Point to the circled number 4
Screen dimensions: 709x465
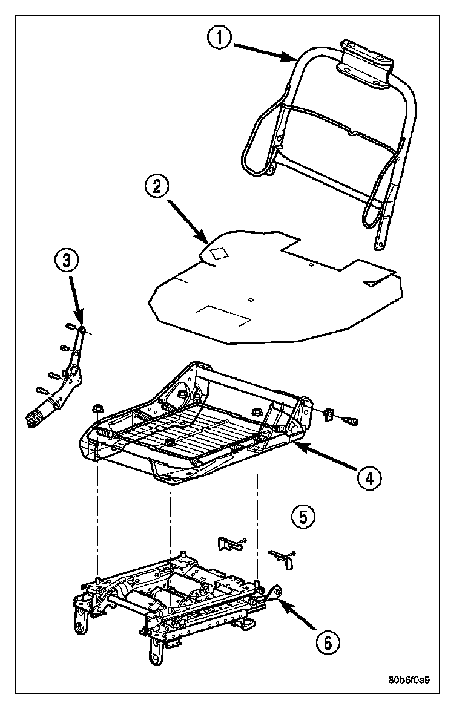369,478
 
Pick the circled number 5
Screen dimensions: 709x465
303,516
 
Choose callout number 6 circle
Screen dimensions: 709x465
326,641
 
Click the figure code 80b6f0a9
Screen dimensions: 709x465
409,679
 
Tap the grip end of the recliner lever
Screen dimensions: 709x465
36,417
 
